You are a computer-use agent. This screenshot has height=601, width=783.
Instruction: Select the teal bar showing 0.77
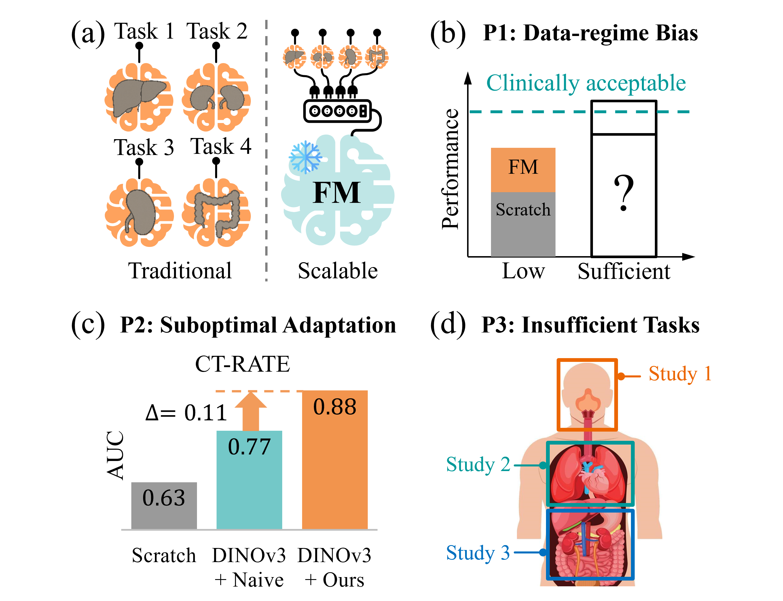tap(249, 479)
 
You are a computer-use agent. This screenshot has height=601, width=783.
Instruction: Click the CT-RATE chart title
tap(242, 364)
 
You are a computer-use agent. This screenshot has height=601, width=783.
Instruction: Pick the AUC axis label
tap(115, 455)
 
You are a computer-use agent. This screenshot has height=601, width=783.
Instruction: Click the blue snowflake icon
tap(305, 157)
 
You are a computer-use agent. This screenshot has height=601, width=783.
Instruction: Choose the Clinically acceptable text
tap(586, 83)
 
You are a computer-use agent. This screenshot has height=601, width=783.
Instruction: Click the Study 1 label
tap(680, 374)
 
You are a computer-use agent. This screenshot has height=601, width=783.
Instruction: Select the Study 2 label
tap(478, 464)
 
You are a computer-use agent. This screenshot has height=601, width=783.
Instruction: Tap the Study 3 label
tap(478, 553)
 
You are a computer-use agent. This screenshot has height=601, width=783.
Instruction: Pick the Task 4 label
tap(221, 146)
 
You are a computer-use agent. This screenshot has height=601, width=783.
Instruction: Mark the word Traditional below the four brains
tap(180, 271)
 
